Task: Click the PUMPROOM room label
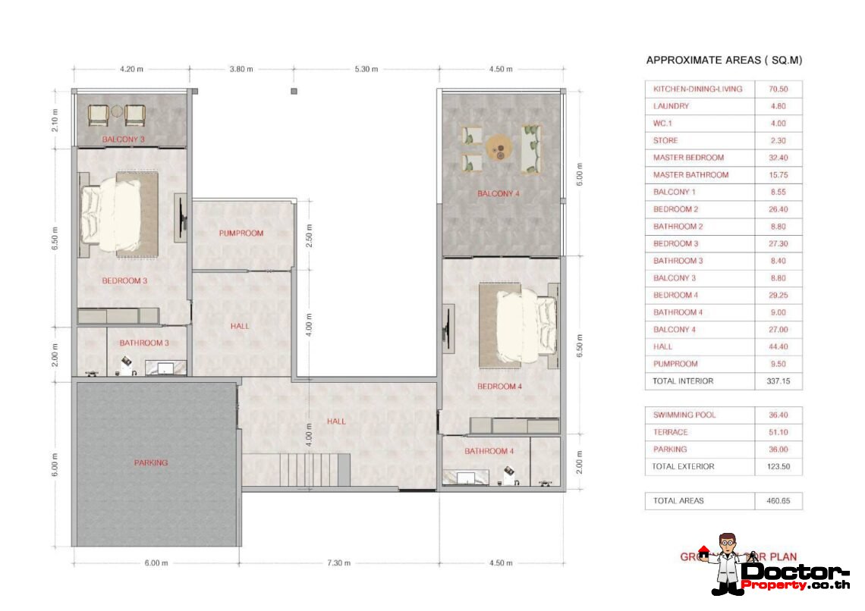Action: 242,233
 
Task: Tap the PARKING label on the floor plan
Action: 151,462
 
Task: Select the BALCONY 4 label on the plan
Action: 499,194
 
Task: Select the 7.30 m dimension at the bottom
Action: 338,563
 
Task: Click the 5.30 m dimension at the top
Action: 366,70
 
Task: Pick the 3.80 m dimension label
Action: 241,70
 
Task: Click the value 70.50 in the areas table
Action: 778,89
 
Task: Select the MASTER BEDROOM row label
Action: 688,158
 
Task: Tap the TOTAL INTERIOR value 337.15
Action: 778,381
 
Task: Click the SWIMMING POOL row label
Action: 684,415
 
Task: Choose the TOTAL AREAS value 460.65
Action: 778,501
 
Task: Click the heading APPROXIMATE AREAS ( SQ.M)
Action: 723,60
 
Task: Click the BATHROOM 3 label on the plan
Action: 143,343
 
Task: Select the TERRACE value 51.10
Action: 778,432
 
